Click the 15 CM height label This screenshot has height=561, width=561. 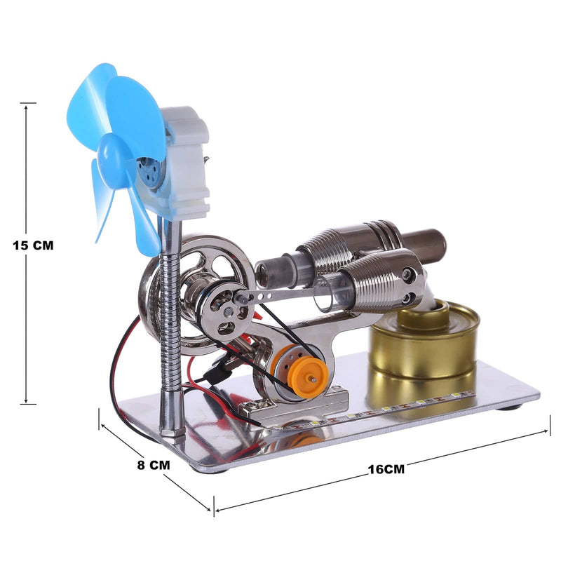33,245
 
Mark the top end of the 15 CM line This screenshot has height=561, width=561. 28,103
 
